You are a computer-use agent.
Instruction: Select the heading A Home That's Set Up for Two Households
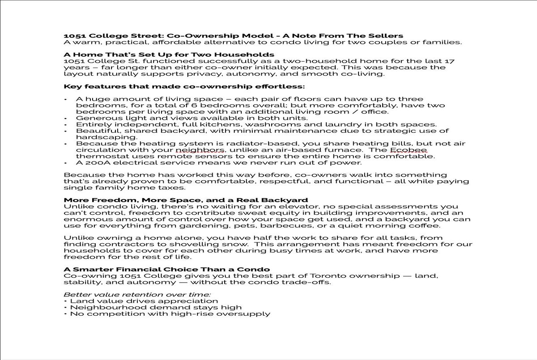tap(169, 55)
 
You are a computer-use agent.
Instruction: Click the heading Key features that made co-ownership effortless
tap(184, 86)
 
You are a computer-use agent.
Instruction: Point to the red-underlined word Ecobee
tap(411, 150)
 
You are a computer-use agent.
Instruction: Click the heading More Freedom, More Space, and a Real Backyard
tap(186, 200)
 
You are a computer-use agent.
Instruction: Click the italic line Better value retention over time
tap(137, 295)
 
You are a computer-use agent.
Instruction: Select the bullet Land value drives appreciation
tap(144, 301)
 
